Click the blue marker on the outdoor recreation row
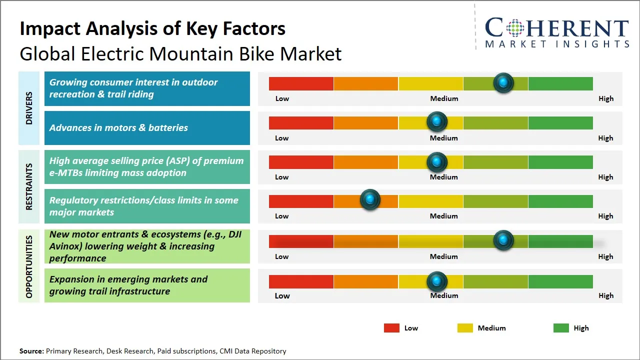point(503,83)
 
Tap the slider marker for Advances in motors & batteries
point(437,121)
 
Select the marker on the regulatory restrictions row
point(370,200)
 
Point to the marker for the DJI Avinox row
point(503,240)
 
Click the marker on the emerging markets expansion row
point(437,281)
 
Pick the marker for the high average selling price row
point(437,161)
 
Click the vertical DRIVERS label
point(29,108)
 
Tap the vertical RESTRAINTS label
point(29,186)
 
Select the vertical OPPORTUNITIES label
point(29,266)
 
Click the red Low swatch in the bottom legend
point(391,328)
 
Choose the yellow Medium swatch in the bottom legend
point(465,328)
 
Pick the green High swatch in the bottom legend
point(561,328)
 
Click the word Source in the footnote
point(31,351)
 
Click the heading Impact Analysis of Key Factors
point(152,29)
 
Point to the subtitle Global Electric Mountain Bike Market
point(180,54)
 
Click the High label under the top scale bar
point(605,98)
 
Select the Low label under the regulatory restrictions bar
point(282,216)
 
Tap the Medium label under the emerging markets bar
point(444,295)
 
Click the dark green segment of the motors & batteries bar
point(560,122)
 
